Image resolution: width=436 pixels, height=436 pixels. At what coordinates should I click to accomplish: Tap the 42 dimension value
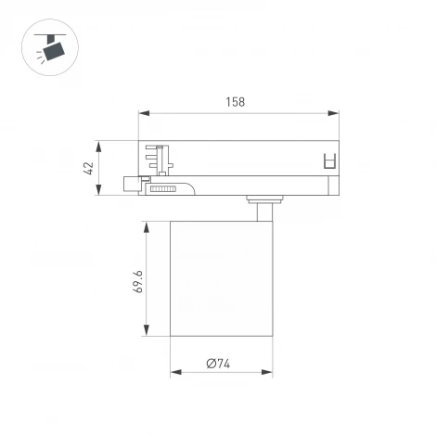click(x=89, y=168)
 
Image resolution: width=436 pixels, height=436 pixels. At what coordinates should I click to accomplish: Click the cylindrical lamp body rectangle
click(x=221, y=278)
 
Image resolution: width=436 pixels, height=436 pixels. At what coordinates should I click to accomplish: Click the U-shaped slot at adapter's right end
click(x=327, y=160)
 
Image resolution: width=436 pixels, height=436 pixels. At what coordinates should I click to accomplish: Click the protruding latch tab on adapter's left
click(x=131, y=183)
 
